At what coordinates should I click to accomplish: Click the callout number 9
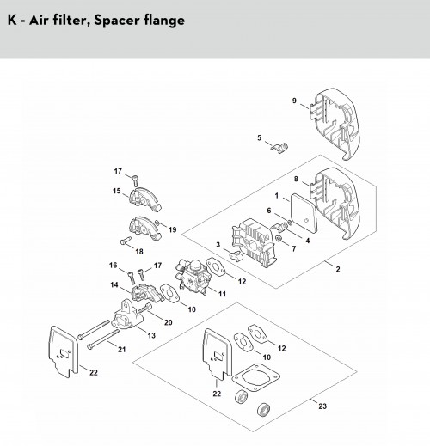pos(294,101)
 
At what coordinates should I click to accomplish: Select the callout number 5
pos(259,138)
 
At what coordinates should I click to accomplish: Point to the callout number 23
pos(322,406)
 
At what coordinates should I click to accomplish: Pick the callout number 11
pos(222,294)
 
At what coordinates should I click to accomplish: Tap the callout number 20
pos(169,322)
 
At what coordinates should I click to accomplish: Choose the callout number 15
pos(117,191)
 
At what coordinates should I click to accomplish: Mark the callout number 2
pos(338,269)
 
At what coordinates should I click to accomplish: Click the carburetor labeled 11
pos(193,276)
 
